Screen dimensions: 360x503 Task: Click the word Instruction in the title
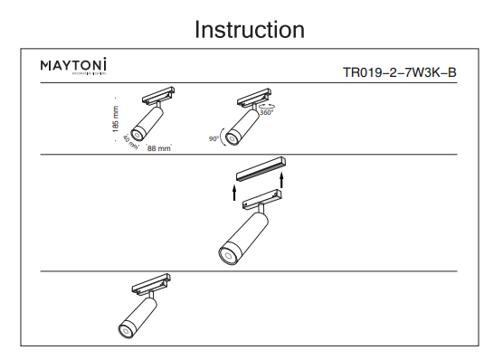251,29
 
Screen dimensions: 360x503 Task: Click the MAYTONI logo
74,66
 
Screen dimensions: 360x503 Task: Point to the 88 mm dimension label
158,147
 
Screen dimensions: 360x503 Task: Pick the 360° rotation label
266,113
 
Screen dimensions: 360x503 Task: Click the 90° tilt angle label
214,139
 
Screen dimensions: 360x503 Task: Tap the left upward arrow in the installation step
233,191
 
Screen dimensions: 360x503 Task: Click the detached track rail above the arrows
261,170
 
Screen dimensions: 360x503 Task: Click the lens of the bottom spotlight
126,328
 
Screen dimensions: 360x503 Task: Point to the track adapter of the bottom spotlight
150,284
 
